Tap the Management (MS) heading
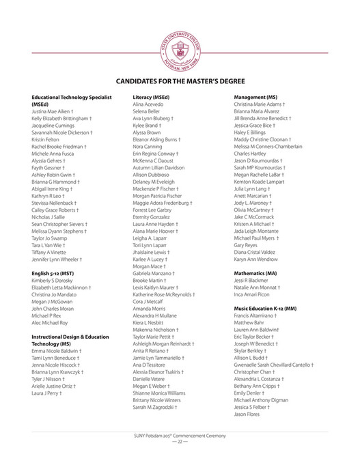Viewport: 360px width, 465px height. pos(255,97)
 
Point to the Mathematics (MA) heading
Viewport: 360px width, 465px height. pos(255,272)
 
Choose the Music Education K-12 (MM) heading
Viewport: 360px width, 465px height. pos(265,309)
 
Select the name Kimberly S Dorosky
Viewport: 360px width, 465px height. pos(54,280)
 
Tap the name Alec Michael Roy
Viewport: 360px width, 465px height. pos(50,322)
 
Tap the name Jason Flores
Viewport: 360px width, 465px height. pos(247,414)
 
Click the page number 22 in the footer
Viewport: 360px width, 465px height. pos(179,442)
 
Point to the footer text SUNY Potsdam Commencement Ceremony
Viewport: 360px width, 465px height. pos(179,435)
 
